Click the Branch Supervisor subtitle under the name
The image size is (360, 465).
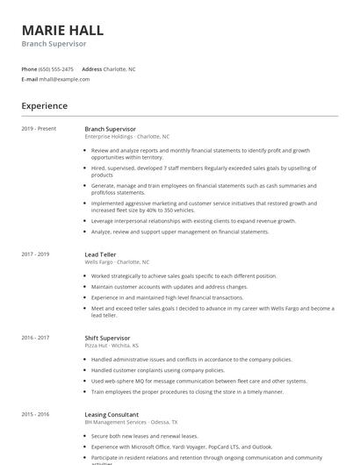pyautogui.click(x=54, y=44)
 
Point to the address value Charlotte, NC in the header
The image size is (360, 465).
pyautogui.click(x=119, y=68)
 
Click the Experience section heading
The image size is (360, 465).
pyautogui.click(x=45, y=106)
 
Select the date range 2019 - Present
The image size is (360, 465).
pyautogui.click(x=40, y=129)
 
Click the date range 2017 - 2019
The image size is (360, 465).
pyautogui.click(x=36, y=254)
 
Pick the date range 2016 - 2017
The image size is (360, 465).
pyautogui.click(x=36, y=338)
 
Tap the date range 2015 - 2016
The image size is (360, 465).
pyautogui.click(x=36, y=414)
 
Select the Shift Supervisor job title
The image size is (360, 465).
pyautogui.click(x=107, y=338)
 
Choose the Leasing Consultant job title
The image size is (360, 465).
pyautogui.click(x=112, y=414)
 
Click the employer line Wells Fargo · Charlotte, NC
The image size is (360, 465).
pyautogui.click(x=117, y=262)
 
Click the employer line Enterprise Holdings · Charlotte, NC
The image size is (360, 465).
pyautogui.click(x=127, y=137)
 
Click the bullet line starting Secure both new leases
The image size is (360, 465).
pyautogui.click(x=145, y=436)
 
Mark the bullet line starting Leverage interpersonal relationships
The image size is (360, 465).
pyautogui.click(x=193, y=221)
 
